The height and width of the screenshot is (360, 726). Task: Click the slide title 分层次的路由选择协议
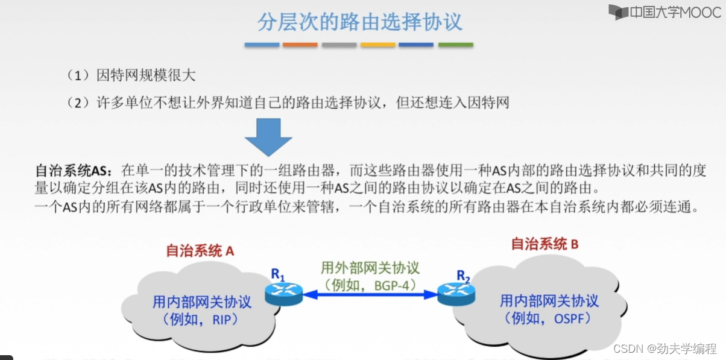click(x=359, y=22)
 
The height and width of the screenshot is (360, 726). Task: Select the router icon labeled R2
click(x=455, y=293)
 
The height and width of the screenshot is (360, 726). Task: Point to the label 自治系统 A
click(x=200, y=251)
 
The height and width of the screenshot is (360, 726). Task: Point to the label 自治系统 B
click(x=544, y=244)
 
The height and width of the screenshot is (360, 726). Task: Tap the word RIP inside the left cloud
click(x=225, y=320)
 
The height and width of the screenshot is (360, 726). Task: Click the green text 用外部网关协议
click(x=370, y=267)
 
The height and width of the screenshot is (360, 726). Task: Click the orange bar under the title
click(x=300, y=45)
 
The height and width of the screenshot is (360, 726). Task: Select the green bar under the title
click(x=455, y=45)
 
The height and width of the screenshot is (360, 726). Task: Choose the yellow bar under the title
click(x=378, y=45)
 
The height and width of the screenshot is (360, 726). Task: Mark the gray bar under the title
click(x=339, y=45)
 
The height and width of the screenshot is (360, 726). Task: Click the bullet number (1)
click(x=78, y=75)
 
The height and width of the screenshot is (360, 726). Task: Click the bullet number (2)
click(x=78, y=103)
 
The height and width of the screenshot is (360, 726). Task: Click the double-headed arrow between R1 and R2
click(x=370, y=294)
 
